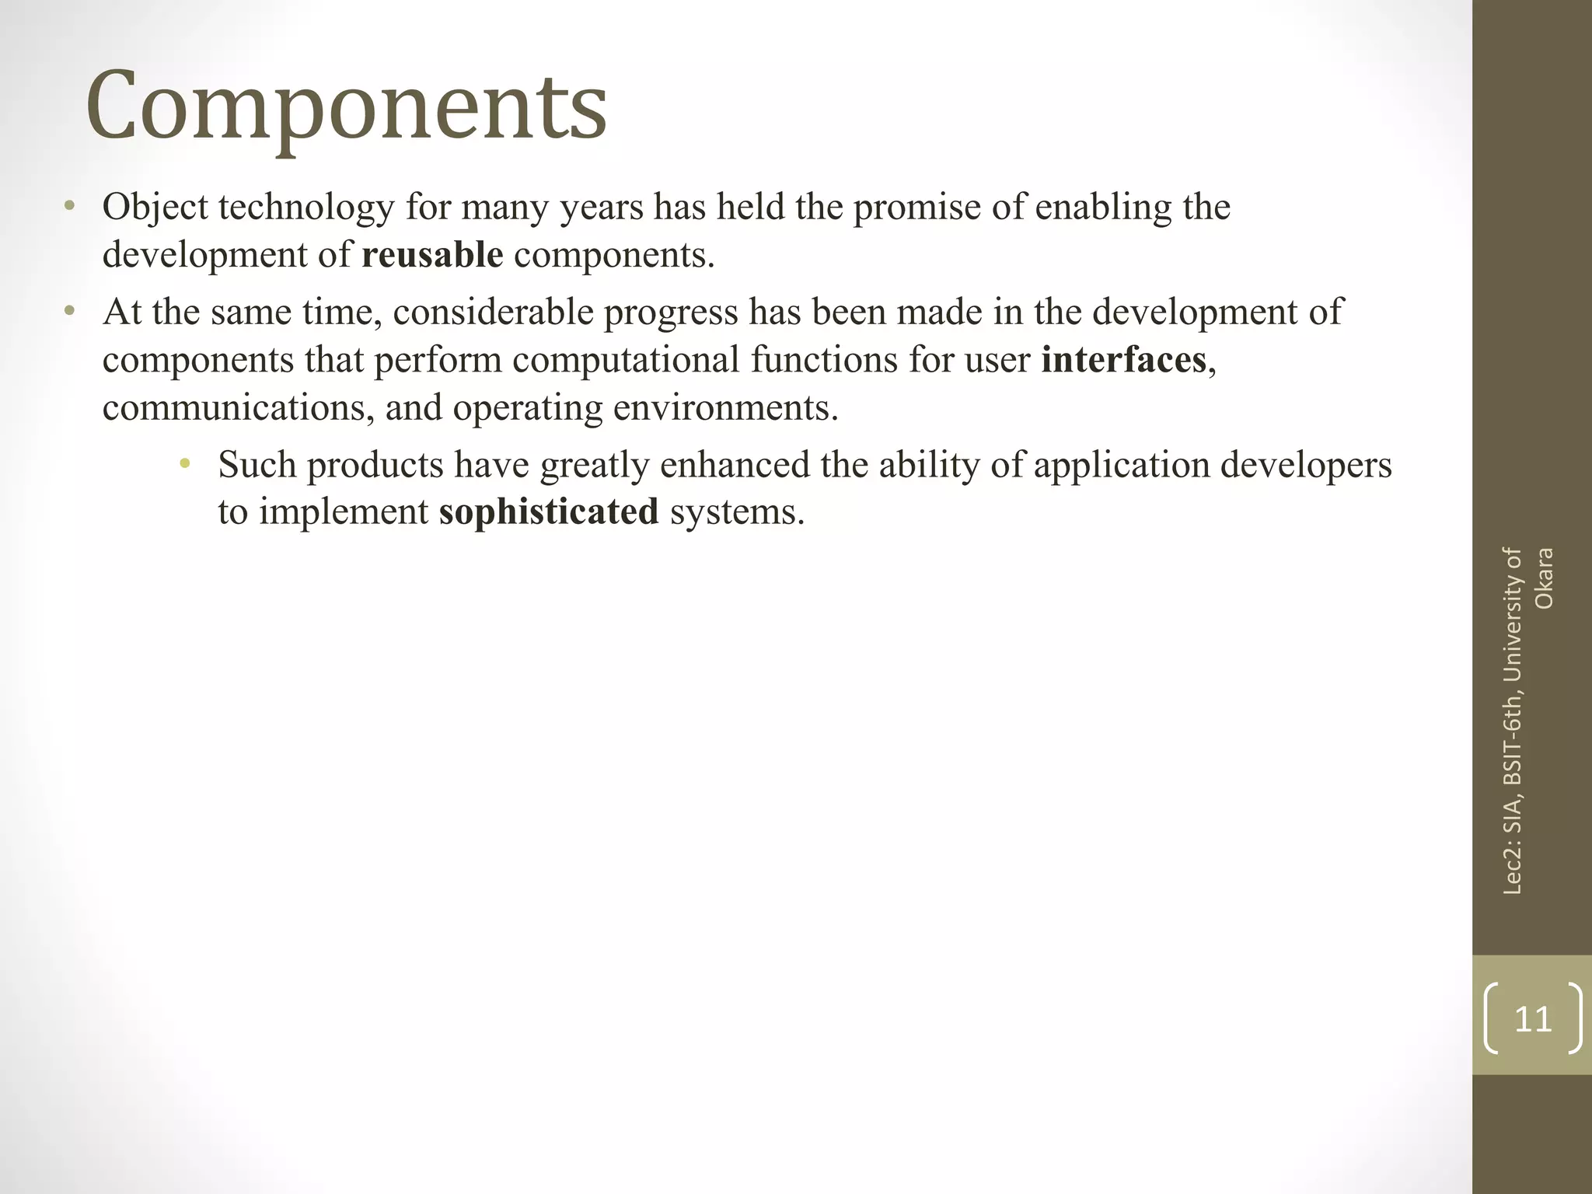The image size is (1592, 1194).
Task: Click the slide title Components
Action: coord(346,106)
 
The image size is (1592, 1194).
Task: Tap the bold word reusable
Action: coord(432,255)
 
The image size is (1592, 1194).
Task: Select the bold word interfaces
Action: coord(1123,360)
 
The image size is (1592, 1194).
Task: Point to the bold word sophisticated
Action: coord(549,511)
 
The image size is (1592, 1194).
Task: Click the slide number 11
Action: coord(1533,1018)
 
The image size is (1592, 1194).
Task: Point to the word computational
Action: coord(626,360)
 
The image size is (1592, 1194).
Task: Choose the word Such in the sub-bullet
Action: coord(257,465)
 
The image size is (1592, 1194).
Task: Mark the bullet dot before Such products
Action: coord(184,465)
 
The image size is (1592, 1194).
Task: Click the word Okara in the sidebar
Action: coord(1544,579)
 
